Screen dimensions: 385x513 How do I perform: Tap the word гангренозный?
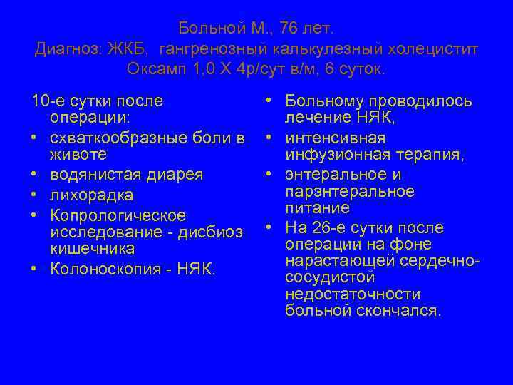[213, 49]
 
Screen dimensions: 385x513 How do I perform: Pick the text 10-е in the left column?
[47, 101]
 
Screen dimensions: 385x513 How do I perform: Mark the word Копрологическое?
[118, 215]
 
